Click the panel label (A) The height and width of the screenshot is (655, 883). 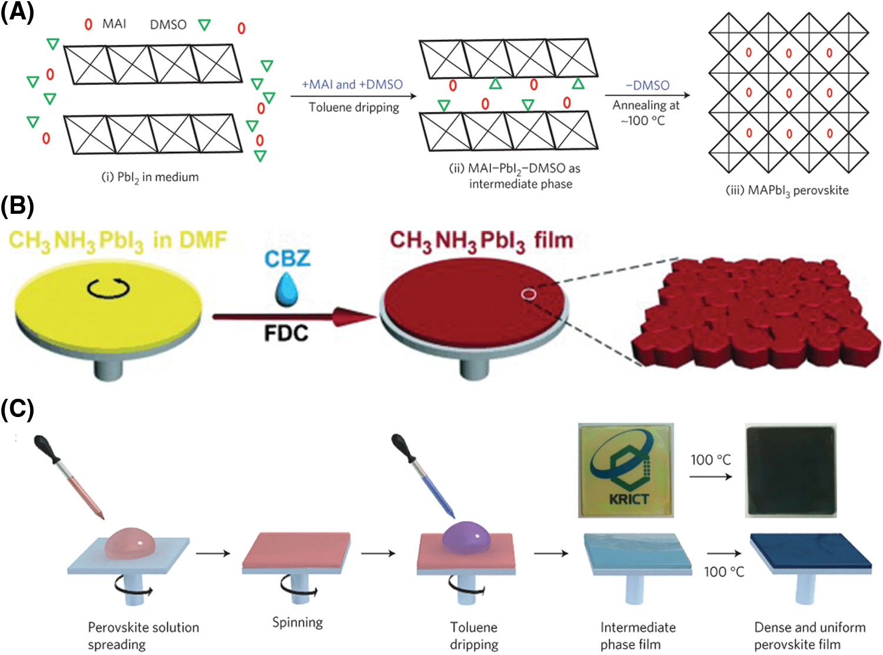click(x=17, y=12)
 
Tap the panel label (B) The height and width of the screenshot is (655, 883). click(x=17, y=206)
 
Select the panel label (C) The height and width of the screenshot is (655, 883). click(x=17, y=409)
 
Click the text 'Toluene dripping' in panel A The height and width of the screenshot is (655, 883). click(x=354, y=108)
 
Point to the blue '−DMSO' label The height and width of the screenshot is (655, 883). click(x=648, y=85)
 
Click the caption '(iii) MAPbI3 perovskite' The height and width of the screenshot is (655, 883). click(x=787, y=190)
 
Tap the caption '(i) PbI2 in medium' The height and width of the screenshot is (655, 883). click(x=150, y=177)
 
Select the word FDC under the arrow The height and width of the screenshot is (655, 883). click(x=286, y=333)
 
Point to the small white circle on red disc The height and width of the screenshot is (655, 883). click(x=529, y=293)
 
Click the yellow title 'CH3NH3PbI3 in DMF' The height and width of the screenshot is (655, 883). click(x=118, y=241)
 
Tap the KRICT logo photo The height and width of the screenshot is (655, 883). click(x=626, y=470)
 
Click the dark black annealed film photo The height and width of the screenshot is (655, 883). click(x=791, y=471)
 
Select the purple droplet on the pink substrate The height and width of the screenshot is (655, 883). click(x=466, y=538)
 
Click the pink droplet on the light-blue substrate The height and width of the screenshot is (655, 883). click(x=130, y=541)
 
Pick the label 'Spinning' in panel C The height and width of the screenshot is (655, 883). click(x=297, y=623)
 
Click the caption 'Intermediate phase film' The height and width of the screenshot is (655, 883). click(x=638, y=636)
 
